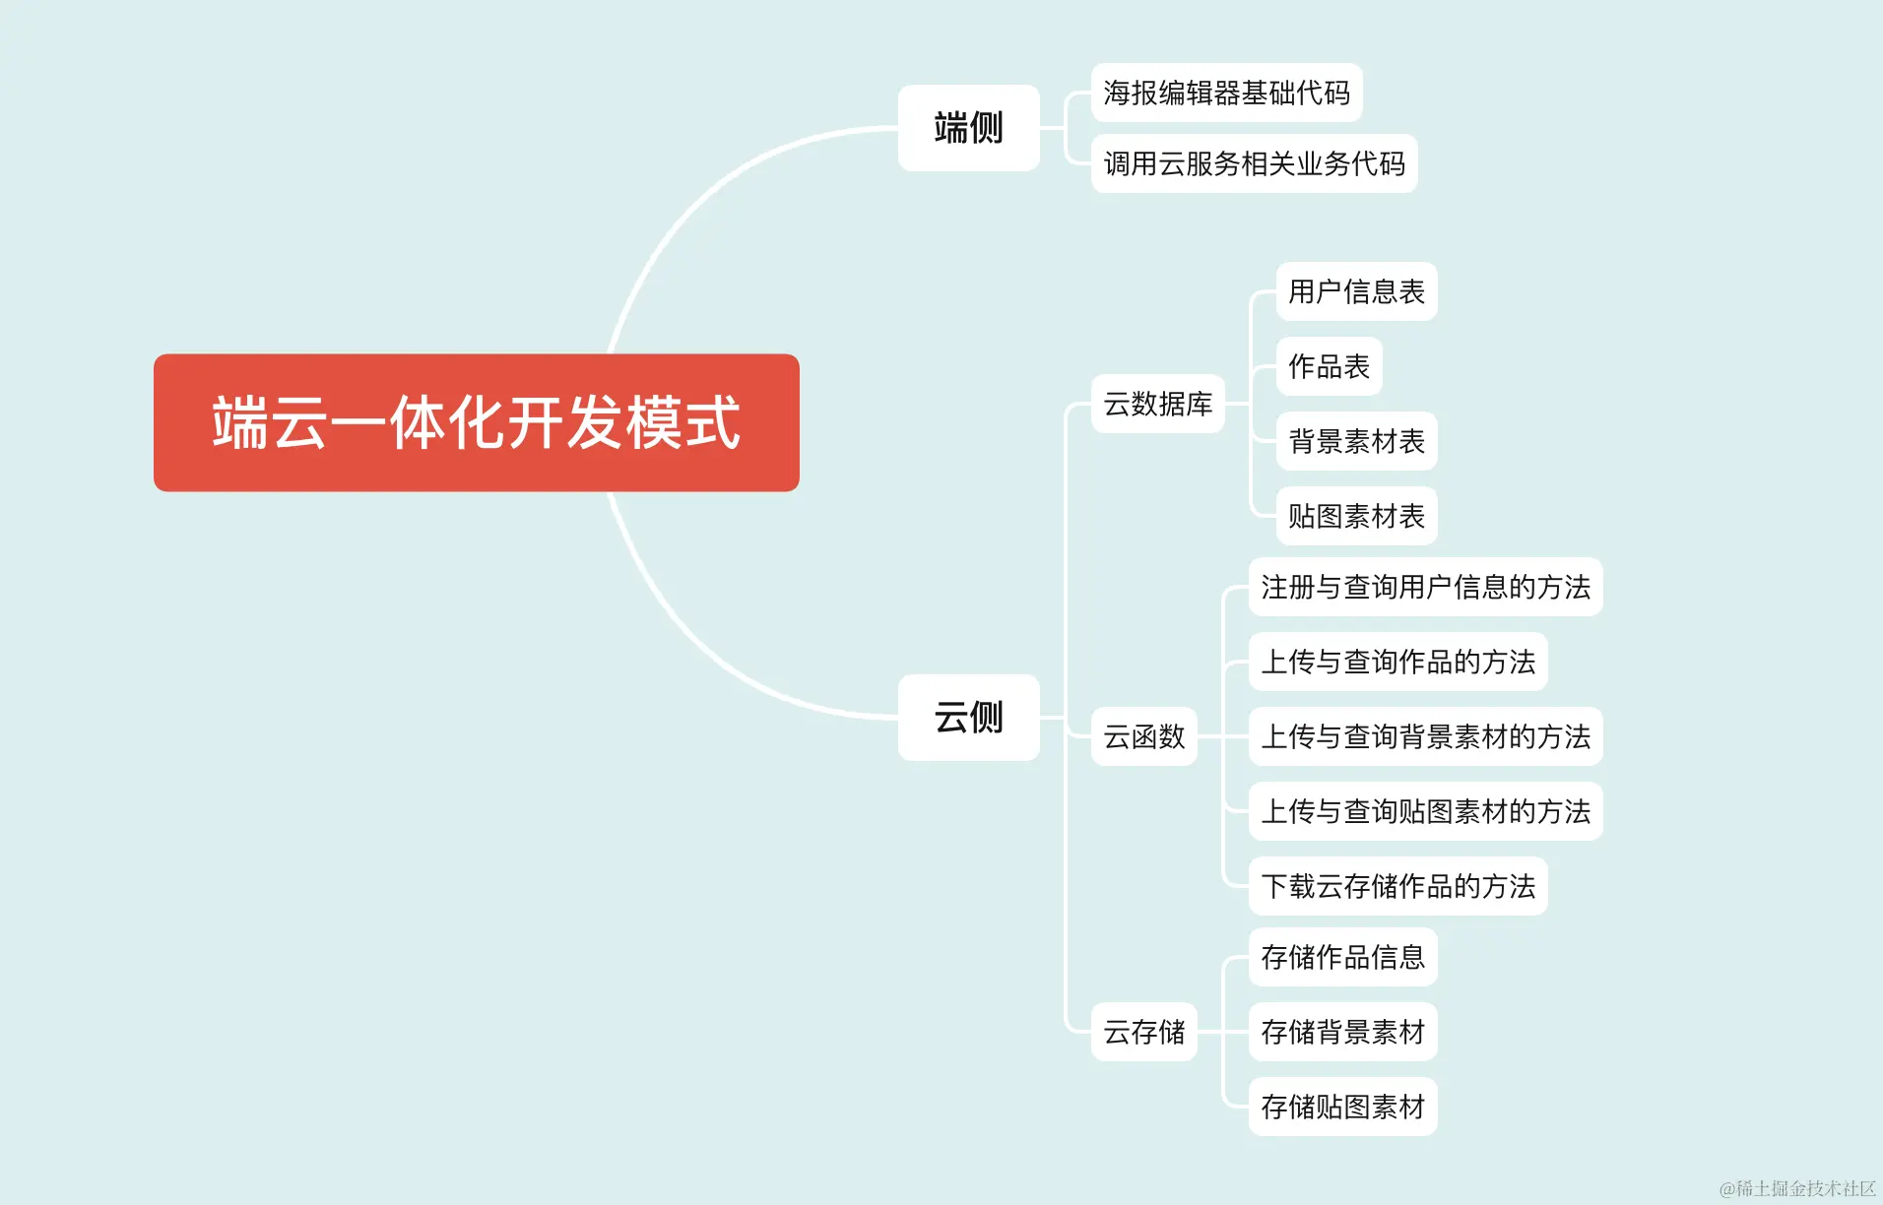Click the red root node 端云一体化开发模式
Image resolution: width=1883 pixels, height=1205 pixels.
[x=476, y=422]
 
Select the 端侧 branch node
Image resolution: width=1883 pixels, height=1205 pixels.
[x=968, y=128]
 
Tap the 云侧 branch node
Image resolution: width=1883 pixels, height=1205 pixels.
[x=968, y=717]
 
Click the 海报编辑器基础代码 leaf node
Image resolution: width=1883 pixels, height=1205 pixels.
[x=1226, y=93]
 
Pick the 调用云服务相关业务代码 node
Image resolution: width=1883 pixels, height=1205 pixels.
[x=1254, y=163]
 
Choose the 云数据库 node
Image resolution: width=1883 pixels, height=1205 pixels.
[x=1157, y=404]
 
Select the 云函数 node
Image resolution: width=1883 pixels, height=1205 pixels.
[x=1143, y=736]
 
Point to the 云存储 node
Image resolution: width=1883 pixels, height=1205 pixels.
[x=1143, y=1032]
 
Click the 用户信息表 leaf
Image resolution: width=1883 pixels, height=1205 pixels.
[x=1356, y=291]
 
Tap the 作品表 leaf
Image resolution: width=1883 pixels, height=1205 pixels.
[x=1329, y=366]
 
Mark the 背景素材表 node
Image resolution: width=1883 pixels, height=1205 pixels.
[x=1356, y=441]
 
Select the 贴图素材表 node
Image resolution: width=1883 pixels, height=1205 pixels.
[x=1356, y=516]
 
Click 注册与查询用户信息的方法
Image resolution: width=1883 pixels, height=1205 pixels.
[x=1425, y=587]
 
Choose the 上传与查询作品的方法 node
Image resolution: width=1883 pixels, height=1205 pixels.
[x=1397, y=662]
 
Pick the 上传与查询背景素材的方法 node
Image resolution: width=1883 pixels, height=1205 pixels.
[x=1425, y=736]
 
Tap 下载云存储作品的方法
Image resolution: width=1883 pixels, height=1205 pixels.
[x=1397, y=886]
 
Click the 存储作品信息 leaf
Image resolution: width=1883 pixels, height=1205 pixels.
[x=1342, y=957]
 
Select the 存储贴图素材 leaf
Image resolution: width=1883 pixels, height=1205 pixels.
[x=1342, y=1107]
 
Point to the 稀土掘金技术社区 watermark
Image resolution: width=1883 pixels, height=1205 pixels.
[x=1797, y=1188]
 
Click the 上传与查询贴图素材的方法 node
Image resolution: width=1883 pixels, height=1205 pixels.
[x=1425, y=811]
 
